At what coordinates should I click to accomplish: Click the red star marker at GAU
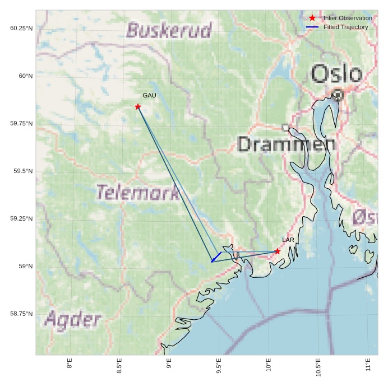pos(138,106)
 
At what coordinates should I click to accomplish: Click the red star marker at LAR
pos(277,251)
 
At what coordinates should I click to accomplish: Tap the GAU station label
pos(149,96)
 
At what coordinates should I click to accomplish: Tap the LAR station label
pos(288,240)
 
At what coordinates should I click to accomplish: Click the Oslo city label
pos(336,74)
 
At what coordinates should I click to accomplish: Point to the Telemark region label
pos(137,193)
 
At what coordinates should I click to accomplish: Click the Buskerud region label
pos(169,30)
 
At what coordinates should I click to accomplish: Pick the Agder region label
pos(73,320)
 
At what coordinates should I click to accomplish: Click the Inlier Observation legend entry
pos(347,18)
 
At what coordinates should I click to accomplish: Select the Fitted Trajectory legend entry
pos(345,27)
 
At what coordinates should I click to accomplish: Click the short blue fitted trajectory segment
pos(216,257)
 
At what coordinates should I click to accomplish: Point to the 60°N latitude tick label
pos(23,76)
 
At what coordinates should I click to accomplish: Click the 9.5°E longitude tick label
pos(219,365)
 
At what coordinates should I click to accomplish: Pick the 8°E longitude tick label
pos(70,365)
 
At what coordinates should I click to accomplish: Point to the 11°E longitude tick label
pos(368,365)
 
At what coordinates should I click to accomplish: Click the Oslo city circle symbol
pos(338,95)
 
